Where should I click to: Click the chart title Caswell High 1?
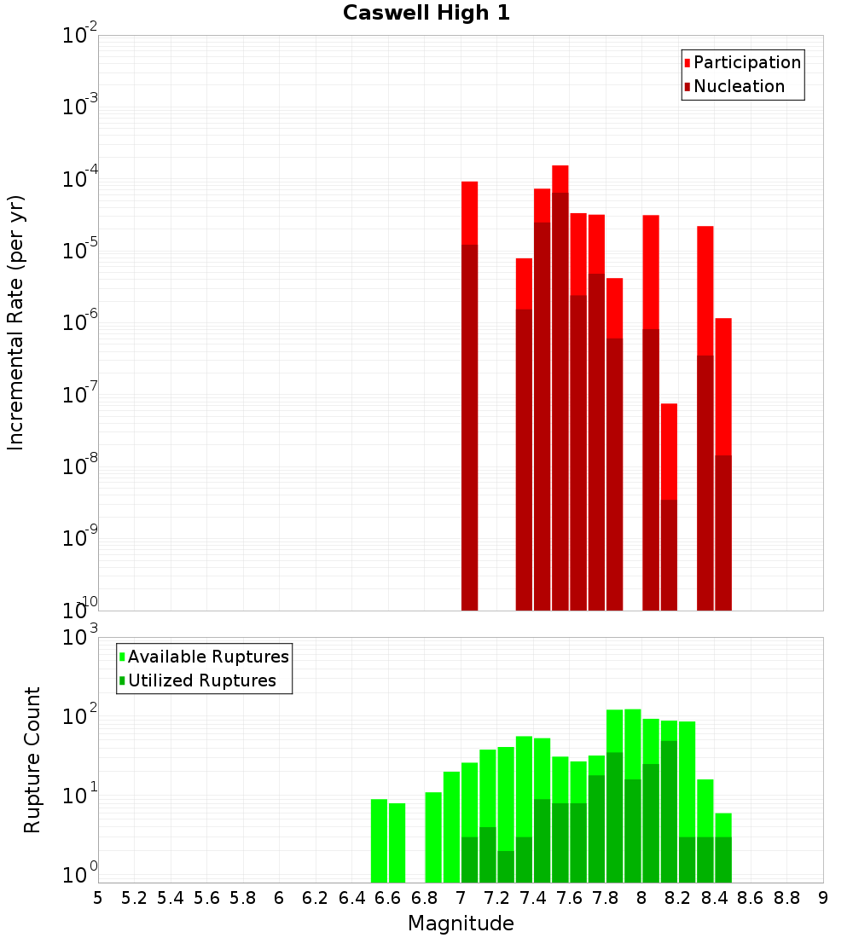point(426,14)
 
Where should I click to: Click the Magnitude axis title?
point(461,924)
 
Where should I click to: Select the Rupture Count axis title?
point(32,760)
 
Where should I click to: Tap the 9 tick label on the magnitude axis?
point(823,898)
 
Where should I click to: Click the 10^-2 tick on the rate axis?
point(80,36)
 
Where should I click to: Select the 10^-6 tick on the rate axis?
point(80,323)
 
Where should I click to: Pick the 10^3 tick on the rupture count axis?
point(80,638)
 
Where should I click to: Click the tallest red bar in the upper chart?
point(560,179)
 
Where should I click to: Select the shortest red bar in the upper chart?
point(669,452)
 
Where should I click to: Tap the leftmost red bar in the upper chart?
point(469,213)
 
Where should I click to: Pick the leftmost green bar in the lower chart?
point(379,840)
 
